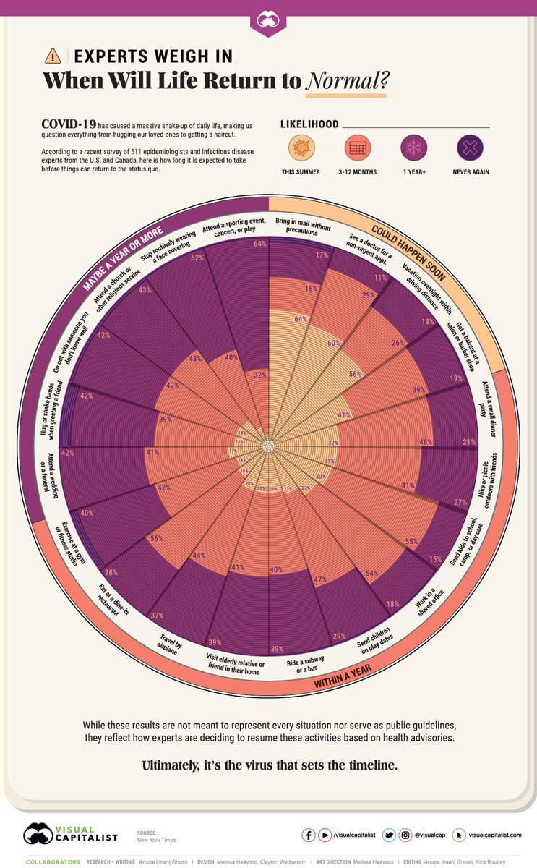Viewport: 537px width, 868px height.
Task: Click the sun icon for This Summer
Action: (299, 149)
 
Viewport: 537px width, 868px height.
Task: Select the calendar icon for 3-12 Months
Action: (358, 149)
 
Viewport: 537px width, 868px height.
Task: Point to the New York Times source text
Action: (156, 840)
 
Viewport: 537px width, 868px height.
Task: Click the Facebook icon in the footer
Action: (309, 835)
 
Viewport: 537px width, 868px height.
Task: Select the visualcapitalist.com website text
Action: (495, 835)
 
